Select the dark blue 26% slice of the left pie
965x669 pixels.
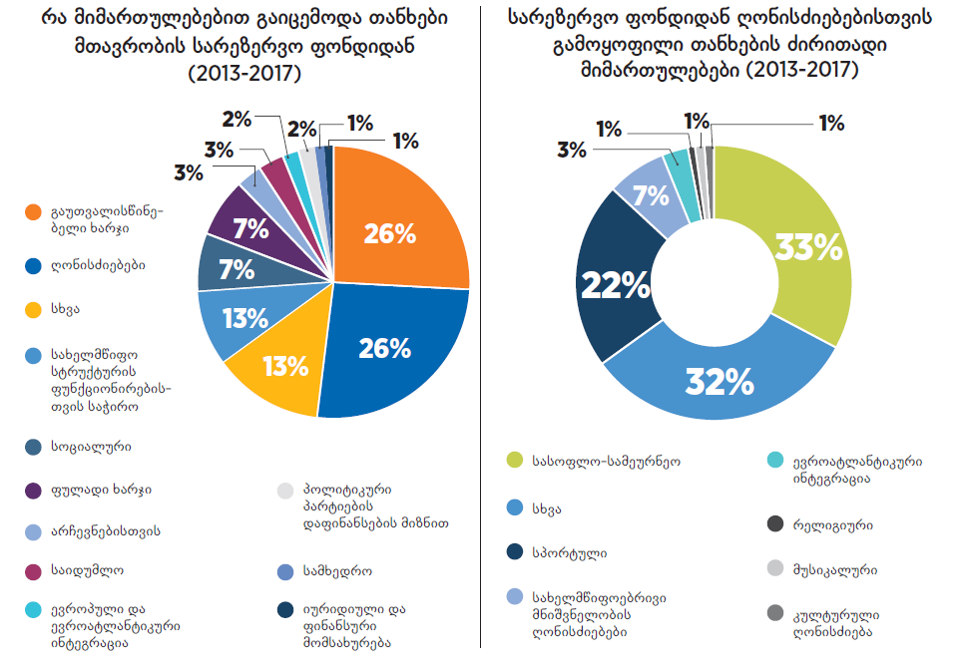pos(389,349)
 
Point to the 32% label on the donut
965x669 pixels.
pos(718,382)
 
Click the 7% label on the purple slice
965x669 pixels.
pos(249,228)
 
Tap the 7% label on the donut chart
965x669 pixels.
pos(651,193)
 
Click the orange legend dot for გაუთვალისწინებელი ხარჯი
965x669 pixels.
pos(34,212)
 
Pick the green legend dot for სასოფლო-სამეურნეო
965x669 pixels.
pos(514,461)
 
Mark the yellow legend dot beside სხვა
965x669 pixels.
pos(34,309)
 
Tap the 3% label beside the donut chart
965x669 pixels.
pos(571,151)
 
